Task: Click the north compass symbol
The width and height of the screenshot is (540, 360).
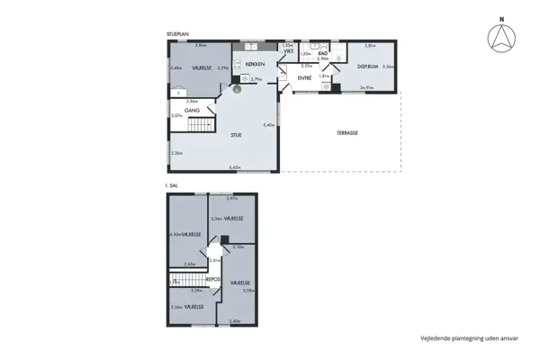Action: (x=500, y=39)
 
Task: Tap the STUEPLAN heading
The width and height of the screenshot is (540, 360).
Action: (x=177, y=34)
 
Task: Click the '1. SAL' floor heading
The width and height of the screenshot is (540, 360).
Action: (x=173, y=185)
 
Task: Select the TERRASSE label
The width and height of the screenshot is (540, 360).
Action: (x=347, y=132)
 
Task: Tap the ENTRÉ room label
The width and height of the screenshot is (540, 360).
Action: (x=305, y=79)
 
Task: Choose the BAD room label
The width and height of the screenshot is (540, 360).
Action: (x=322, y=54)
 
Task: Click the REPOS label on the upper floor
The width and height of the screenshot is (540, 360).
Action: (x=213, y=279)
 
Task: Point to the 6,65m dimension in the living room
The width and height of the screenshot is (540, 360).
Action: (x=235, y=167)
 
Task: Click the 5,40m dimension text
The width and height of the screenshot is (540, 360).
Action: (x=267, y=125)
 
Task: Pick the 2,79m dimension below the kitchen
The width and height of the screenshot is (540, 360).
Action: (x=256, y=80)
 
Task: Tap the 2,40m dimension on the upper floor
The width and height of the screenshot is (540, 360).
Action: (x=235, y=321)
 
